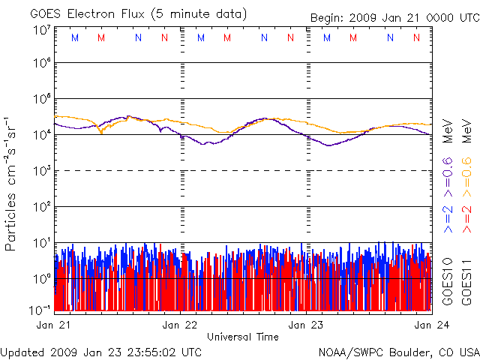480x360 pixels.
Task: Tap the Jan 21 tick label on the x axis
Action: coord(54,325)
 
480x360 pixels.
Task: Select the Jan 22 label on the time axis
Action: coord(181,325)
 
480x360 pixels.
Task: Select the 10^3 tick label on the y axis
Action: coord(40,172)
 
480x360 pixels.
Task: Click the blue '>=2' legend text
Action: coord(448,217)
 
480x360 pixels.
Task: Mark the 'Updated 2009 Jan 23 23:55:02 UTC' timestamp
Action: coord(101,351)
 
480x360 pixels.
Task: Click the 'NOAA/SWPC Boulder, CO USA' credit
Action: coord(398,351)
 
